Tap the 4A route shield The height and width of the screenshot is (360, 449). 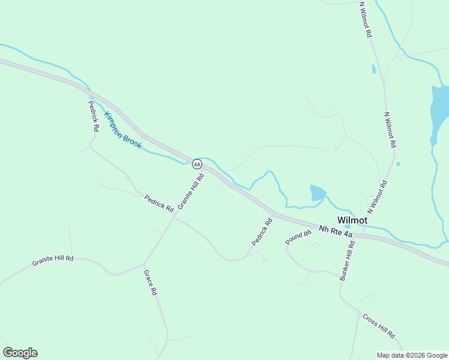pyautogui.click(x=197, y=164)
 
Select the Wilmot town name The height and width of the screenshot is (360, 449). pyautogui.click(x=352, y=220)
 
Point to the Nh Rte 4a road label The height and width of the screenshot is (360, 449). pyautogui.click(x=336, y=232)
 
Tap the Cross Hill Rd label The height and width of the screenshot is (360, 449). pyautogui.click(x=378, y=325)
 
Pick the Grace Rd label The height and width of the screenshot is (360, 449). pyautogui.click(x=149, y=282)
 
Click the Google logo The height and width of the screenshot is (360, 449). pyautogui.click(x=20, y=353)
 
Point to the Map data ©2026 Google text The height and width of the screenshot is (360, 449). pyautogui.click(x=412, y=355)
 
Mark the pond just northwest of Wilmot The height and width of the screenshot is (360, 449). pyautogui.click(x=317, y=193)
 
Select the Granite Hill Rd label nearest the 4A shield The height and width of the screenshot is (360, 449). pyautogui.click(x=191, y=191)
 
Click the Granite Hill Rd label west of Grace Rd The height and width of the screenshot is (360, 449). pyautogui.click(x=53, y=261)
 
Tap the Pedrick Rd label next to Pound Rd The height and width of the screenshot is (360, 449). pyautogui.click(x=262, y=231)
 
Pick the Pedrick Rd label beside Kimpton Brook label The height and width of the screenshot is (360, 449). pyautogui.click(x=93, y=116)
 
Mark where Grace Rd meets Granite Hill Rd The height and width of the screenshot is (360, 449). pyautogui.click(x=143, y=264)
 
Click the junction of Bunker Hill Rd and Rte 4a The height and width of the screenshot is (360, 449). pyautogui.click(x=354, y=235)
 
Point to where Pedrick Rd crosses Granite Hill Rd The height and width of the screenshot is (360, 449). pyautogui.click(x=174, y=218)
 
